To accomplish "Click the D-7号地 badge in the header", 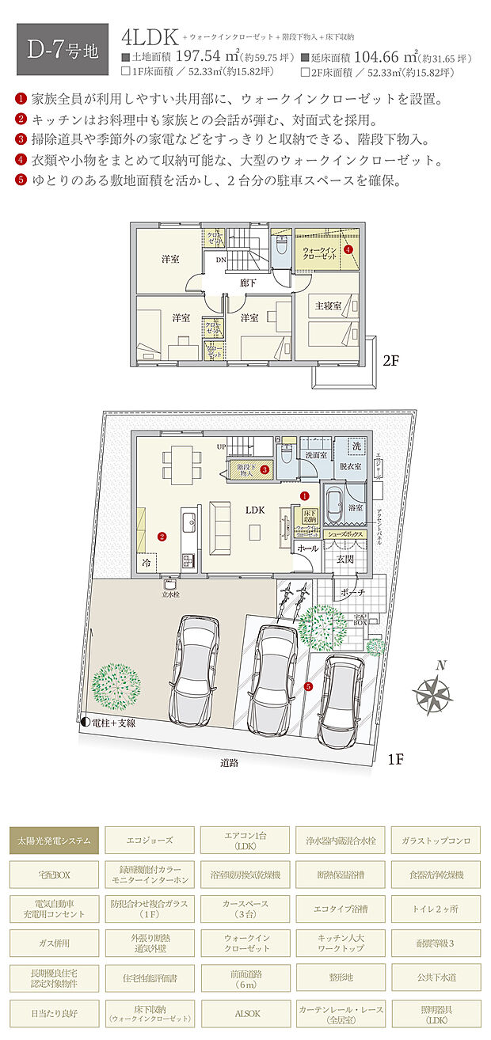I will click(x=62, y=50).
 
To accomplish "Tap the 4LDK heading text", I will click(x=149, y=37).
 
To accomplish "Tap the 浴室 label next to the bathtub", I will click(x=355, y=507).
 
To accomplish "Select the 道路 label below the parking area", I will click(x=230, y=763).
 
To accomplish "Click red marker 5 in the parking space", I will click(x=309, y=686).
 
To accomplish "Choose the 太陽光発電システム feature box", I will click(x=55, y=839).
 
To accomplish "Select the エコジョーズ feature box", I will click(x=150, y=839).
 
